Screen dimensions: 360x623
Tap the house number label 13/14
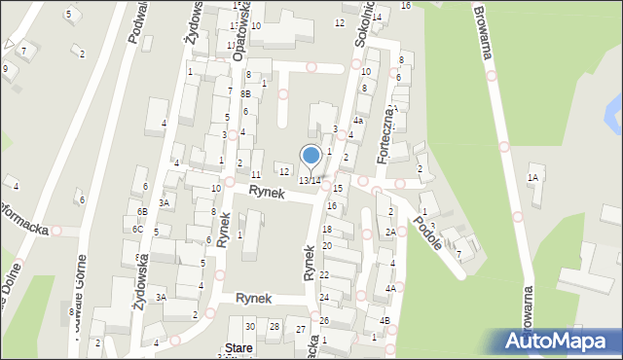click(x=310, y=181)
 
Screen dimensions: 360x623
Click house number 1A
click(x=532, y=177)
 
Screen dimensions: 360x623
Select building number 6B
click(x=142, y=211)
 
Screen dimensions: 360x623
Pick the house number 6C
click(x=138, y=229)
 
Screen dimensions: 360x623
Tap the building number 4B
click(x=385, y=321)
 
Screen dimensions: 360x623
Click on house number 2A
click(x=389, y=232)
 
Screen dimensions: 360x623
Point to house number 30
click(x=250, y=327)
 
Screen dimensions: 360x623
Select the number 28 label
click(x=275, y=327)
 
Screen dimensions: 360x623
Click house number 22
click(x=324, y=275)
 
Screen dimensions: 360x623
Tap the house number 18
click(x=327, y=229)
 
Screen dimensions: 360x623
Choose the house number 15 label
click(x=338, y=188)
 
